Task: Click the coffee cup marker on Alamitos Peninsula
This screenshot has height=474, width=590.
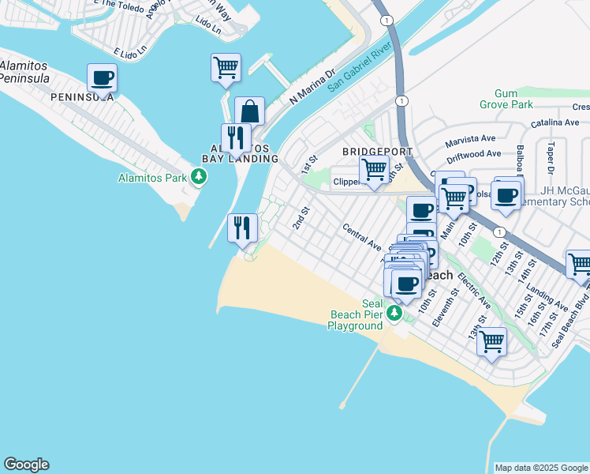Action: click(102, 79)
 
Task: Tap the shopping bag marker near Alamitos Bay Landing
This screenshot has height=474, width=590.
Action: click(249, 112)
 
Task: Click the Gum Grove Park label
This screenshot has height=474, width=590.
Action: click(506, 99)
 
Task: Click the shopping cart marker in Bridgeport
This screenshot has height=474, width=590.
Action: click(374, 169)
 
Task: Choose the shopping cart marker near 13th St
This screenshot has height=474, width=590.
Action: click(491, 343)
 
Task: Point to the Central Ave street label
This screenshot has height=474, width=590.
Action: click(361, 236)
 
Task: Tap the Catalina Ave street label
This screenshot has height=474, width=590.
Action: click(555, 123)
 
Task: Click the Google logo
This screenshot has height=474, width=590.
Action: click(26, 465)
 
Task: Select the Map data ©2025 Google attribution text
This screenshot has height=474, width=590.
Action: click(541, 468)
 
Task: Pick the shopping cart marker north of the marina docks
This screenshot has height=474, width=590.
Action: click(226, 68)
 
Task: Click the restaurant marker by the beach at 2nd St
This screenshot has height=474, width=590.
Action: click(243, 228)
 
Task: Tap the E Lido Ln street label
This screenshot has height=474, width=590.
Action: click(130, 52)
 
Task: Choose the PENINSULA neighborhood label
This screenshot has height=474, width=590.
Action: click(82, 97)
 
